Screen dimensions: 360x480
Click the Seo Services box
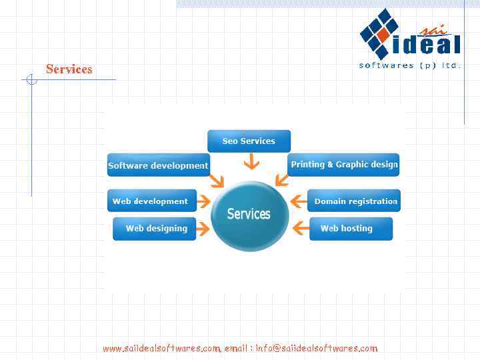[249, 141]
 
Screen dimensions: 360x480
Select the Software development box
[158, 165]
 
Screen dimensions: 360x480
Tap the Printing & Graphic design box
[344, 165]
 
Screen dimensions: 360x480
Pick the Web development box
[150, 201]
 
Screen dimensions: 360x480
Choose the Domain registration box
[355, 201]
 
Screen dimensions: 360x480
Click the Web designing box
[155, 229]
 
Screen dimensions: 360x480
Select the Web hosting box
[349, 229]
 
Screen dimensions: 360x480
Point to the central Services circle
[249, 215]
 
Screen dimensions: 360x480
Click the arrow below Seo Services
[251, 161]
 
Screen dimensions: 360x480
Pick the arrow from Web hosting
[301, 229]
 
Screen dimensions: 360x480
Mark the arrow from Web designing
[203, 229]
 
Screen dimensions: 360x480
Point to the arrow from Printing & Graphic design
[282, 179]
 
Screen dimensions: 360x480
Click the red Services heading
[69, 69]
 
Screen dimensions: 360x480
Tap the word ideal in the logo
[427, 45]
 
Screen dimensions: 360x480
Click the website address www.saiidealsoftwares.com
[161, 348]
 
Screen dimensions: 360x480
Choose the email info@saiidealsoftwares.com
[316, 348]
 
